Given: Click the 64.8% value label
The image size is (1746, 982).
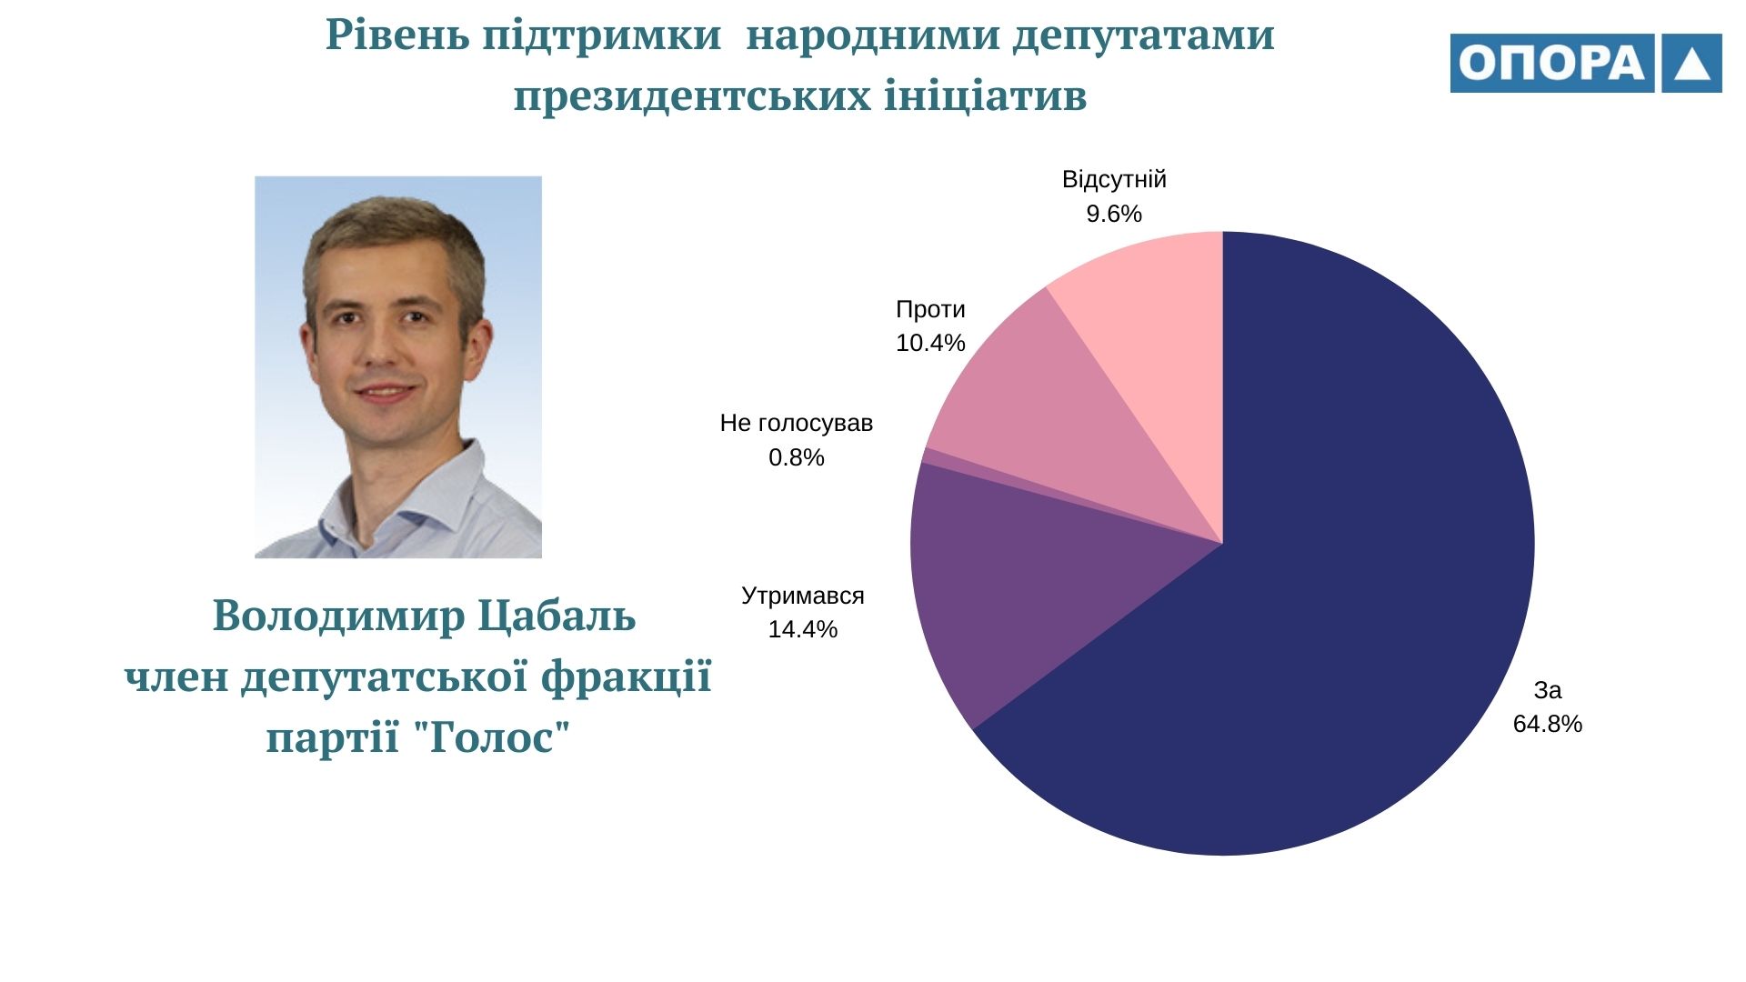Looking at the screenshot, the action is tap(1547, 724).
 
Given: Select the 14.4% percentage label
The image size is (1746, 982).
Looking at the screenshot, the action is tap(802, 629).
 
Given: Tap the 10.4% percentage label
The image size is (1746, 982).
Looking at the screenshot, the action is tap(930, 343).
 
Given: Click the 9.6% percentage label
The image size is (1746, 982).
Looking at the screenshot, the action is tap(1114, 214).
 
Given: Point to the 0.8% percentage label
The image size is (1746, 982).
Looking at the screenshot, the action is tap(796, 457).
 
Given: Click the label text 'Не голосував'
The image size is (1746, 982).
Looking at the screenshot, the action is tap(796, 423).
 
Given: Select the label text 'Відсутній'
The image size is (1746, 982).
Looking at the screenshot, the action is tap(1114, 179).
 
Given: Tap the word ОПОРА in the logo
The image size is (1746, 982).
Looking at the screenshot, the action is tap(1551, 63).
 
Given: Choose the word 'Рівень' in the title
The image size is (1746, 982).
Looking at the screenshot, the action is tap(397, 36).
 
